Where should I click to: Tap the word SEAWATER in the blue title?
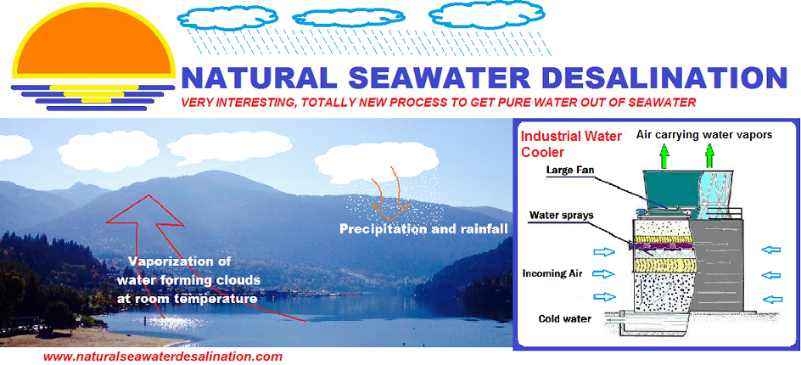point(437,78)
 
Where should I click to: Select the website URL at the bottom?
point(162,357)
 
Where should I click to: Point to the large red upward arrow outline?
point(154,255)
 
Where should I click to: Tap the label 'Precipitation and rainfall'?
point(424,229)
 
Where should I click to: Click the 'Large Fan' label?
point(567,169)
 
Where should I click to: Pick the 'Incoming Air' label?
point(552,273)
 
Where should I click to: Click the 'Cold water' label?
point(564,318)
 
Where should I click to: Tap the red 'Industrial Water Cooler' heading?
point(570,144)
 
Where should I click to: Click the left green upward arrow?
point(664,156)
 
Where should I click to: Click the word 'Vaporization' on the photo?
point(173,262)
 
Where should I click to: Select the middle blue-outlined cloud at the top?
point(349,18)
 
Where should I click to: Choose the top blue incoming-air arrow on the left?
point(603,251)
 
